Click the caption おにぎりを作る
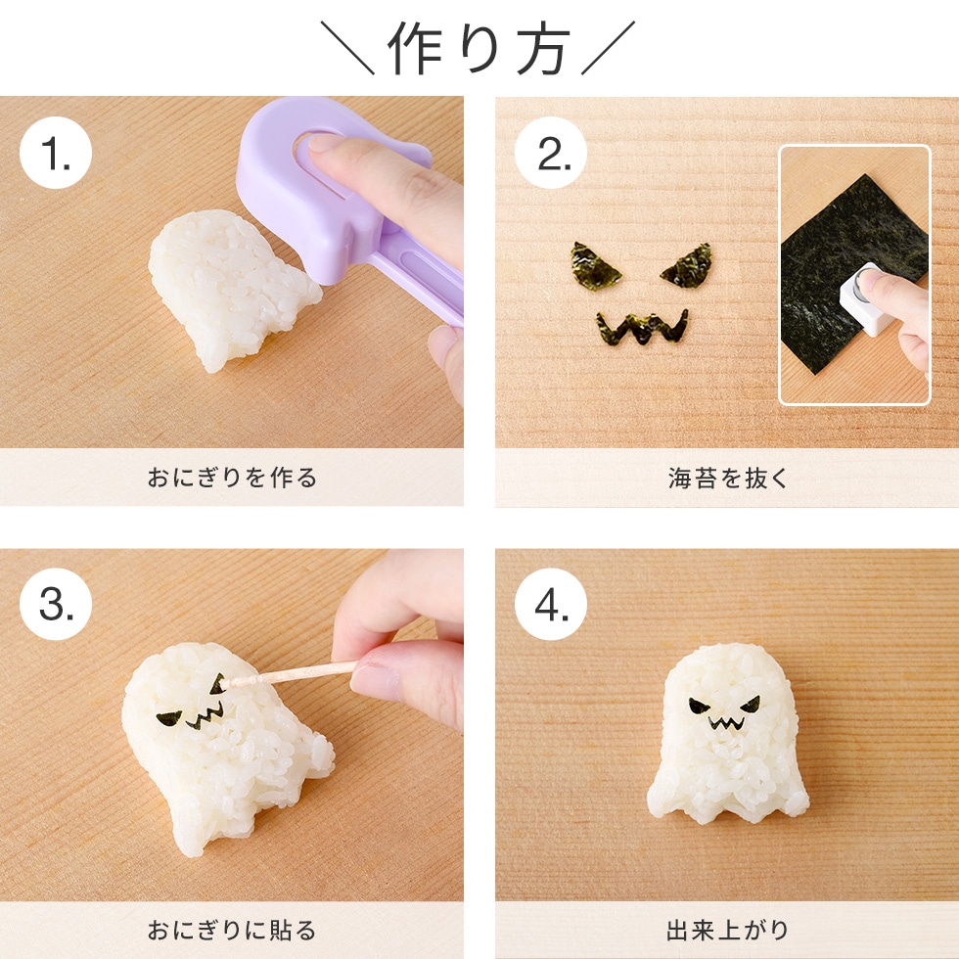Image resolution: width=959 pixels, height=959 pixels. (x=232, y=479)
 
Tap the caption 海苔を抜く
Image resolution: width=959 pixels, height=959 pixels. (x=727, y=479)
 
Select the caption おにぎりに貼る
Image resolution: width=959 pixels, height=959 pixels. (x=232, y=931)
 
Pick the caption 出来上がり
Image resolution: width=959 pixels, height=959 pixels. (x=727, y=931)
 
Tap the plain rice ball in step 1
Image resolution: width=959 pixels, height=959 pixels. (x=225, y=289)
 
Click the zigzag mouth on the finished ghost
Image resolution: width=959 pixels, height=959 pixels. (x=724, y=726)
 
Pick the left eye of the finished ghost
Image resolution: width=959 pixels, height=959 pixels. (x=701, y=706)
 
